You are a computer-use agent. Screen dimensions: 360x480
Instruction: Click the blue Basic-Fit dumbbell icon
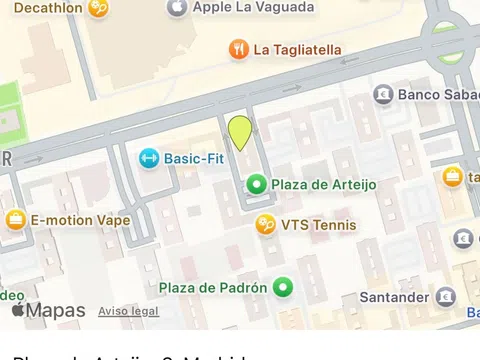149,158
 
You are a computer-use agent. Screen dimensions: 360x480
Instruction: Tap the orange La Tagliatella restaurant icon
238,48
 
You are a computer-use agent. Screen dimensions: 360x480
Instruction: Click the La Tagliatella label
297,49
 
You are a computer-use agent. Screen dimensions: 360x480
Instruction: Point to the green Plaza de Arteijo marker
256,184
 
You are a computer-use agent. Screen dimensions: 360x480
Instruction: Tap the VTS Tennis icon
265,225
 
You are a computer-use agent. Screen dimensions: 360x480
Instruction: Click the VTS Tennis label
319,225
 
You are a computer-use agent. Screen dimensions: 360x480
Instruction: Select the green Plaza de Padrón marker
284,288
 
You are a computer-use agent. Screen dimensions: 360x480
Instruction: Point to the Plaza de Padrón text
213,288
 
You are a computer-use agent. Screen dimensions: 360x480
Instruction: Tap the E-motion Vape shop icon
16,220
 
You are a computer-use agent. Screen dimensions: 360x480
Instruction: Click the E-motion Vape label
81,220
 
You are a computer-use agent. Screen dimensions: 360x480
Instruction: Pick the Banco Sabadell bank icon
383,95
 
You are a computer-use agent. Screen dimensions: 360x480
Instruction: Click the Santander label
394,297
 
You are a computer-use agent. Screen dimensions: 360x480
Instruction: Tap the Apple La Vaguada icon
177,7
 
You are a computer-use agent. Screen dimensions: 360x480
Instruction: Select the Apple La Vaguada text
253,7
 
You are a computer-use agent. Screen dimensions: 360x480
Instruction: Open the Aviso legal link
128,311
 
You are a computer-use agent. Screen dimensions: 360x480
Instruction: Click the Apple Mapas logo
48,310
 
